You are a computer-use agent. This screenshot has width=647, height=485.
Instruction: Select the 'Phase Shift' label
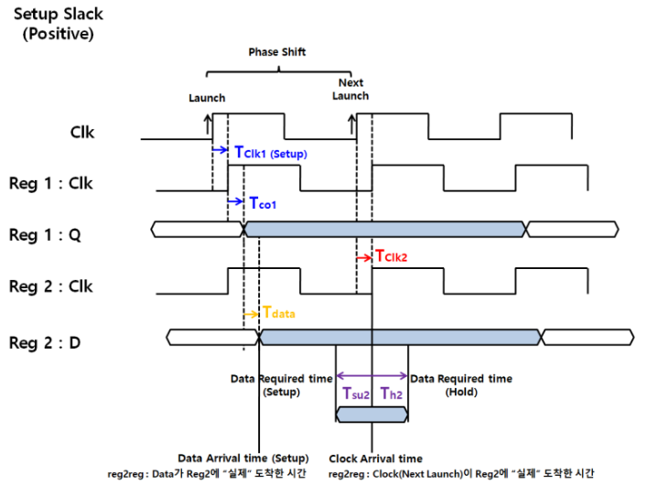coord(276,52)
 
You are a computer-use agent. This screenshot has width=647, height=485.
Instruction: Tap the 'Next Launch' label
coord(350,89)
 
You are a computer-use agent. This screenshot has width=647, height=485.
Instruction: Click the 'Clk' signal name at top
coord(82,132)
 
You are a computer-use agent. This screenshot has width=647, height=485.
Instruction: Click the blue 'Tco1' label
coord(264,204)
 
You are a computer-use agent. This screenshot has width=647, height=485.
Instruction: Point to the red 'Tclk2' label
coord(394,257)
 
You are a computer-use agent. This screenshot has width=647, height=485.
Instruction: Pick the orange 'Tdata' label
coord(279,313)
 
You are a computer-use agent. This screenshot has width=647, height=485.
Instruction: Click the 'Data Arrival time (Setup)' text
coord(242,458)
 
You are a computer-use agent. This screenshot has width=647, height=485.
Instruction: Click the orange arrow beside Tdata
coord(252,314)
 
